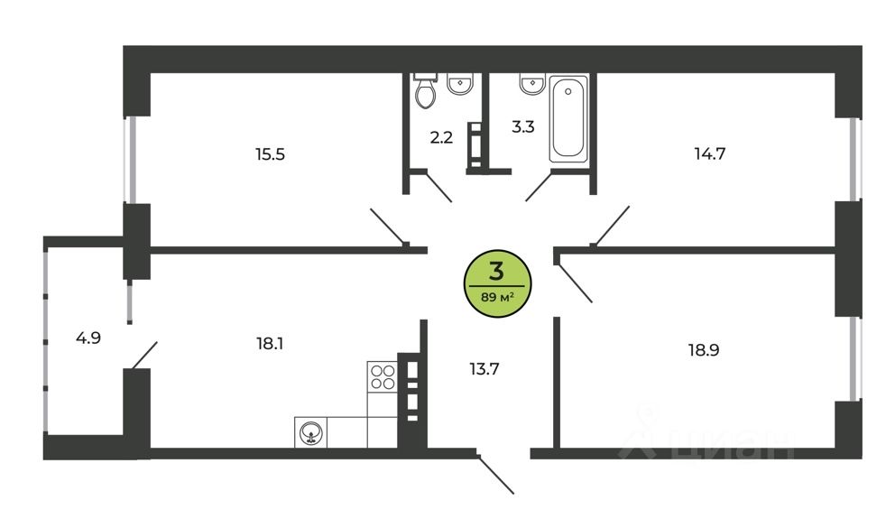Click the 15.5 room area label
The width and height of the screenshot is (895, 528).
[270, 154]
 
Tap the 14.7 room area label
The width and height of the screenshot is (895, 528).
[709, 153]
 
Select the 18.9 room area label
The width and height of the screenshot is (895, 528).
[703, 350]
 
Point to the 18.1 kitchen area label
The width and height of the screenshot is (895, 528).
[270, 344]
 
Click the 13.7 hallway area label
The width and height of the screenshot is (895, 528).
[484, 369]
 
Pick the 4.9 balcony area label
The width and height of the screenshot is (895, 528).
[88, 338]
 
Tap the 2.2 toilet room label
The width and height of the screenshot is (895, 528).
[441, 137]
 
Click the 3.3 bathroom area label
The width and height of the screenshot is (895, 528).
[523, 126]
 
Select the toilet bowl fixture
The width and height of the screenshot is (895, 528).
[425, 91]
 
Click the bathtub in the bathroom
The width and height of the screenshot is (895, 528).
[567, 119]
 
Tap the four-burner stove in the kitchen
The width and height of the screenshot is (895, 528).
[383, 376]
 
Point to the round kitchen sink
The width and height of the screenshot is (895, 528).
[310, 434]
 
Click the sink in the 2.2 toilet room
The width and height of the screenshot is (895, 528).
[460, 84]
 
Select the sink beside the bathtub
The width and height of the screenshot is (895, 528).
[532, 83]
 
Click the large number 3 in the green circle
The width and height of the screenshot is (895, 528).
[496, 272]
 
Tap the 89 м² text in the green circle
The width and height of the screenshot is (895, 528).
[498, 297]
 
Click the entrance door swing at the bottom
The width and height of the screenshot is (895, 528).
[496, 474]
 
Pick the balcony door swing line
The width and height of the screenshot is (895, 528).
[144, 355]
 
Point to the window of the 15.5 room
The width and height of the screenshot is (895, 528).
[132, 160]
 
